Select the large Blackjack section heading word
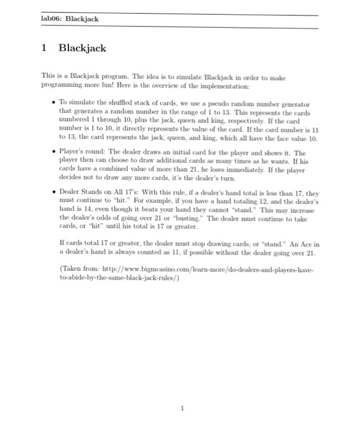(x=82, y=48)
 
